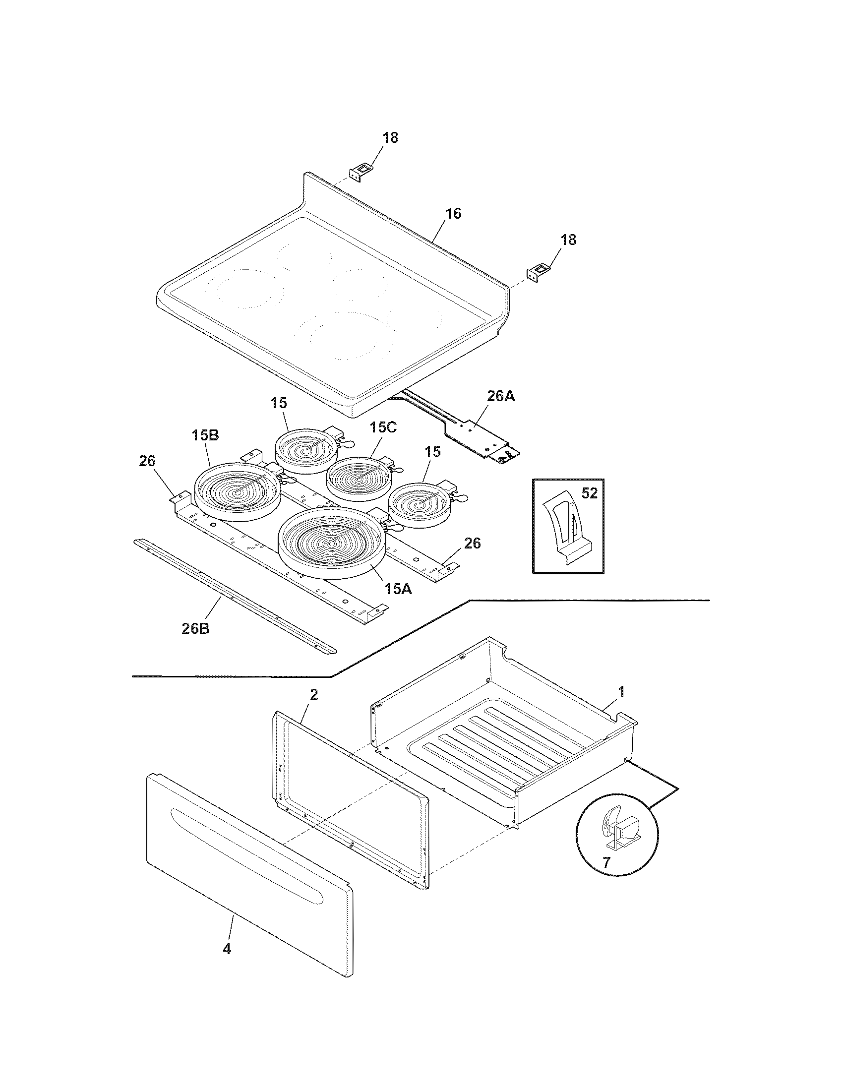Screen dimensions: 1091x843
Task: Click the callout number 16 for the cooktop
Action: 453,214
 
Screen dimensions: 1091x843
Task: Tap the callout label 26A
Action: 501,396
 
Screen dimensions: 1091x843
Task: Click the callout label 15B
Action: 205,435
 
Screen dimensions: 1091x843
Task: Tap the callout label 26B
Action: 195,628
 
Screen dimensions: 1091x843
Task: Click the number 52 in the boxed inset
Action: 589,493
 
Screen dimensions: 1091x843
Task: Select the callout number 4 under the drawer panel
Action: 227,963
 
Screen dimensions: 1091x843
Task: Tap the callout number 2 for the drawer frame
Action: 313,694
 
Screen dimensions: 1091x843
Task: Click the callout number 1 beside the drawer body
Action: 621,692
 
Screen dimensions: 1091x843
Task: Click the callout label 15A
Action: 398,589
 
